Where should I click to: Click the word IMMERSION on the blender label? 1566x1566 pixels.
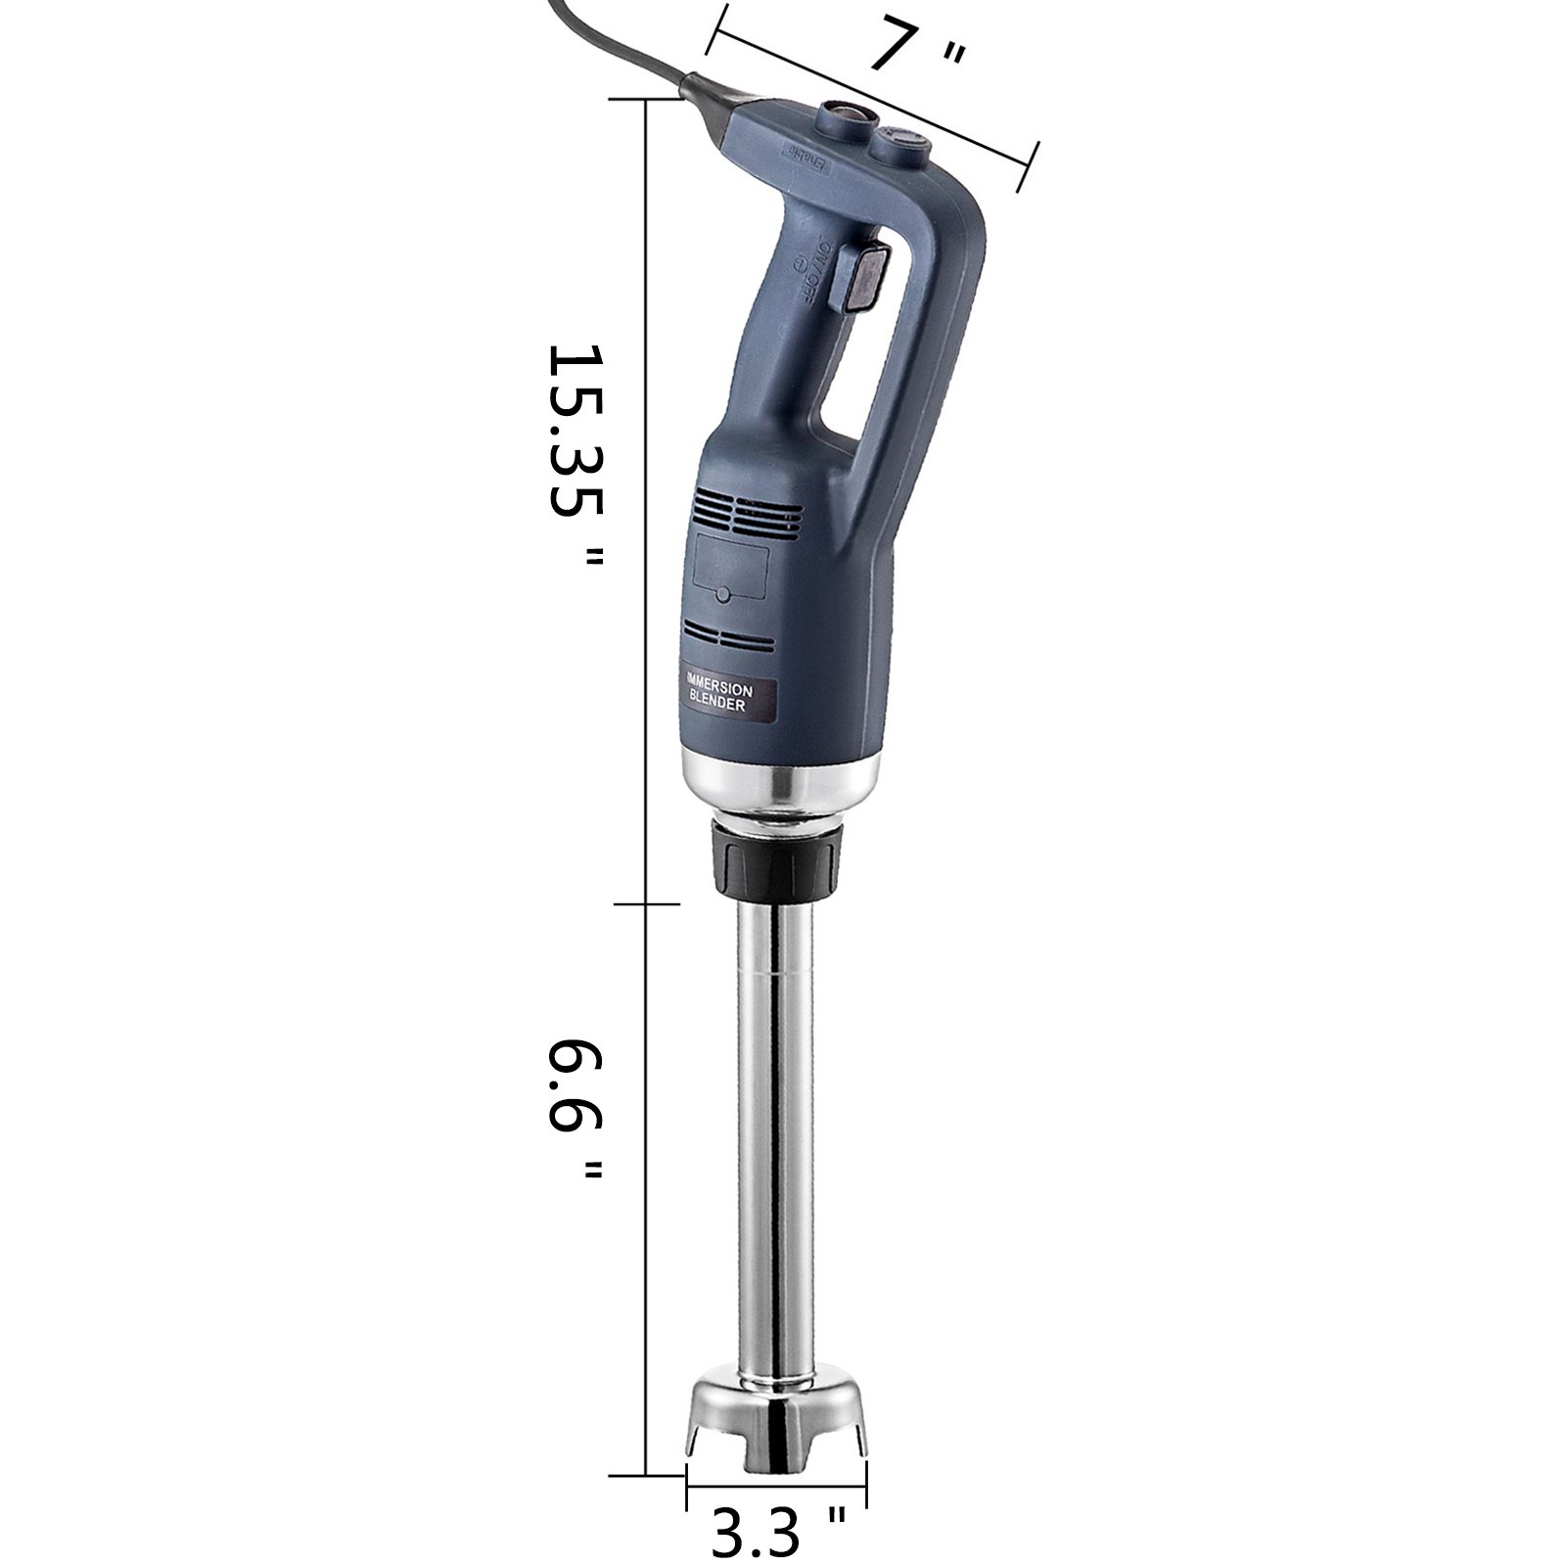[720, 685]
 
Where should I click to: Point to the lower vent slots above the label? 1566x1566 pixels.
[729, 635]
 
